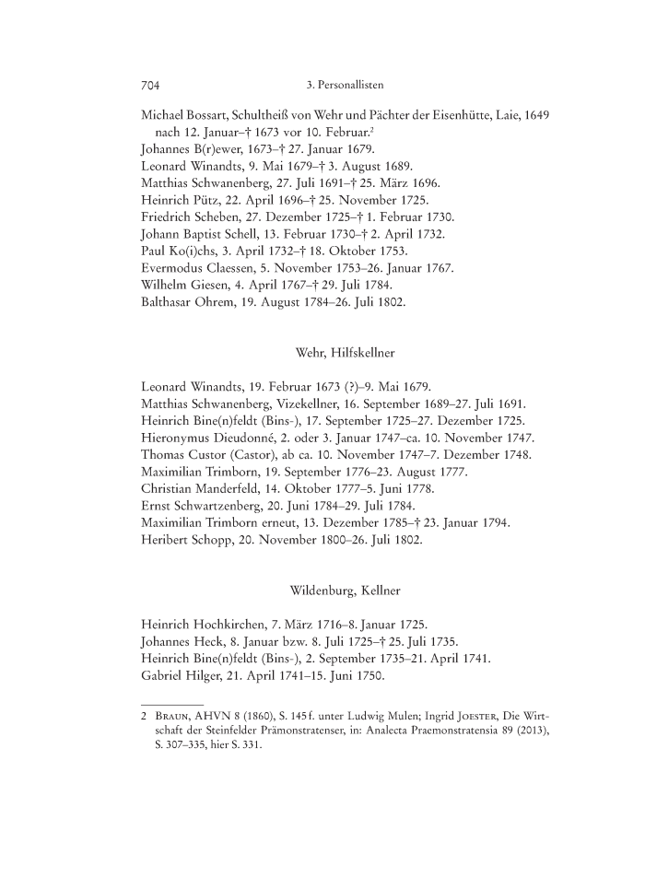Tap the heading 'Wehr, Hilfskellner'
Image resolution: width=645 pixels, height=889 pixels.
346,352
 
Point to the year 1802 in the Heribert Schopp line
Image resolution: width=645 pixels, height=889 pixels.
403,541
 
